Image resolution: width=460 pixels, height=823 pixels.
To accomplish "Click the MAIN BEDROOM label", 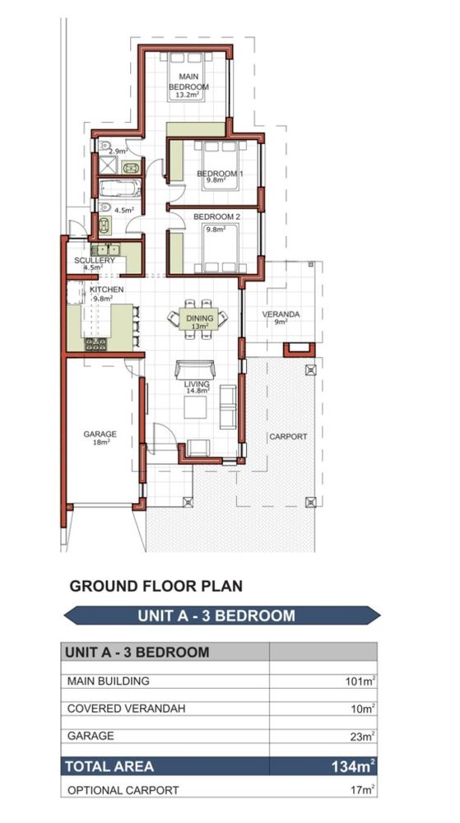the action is (x=188, y=81).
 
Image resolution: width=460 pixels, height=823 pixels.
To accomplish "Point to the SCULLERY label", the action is (x=95, y=260).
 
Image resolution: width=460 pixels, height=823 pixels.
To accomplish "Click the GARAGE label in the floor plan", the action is (x=100, y=434).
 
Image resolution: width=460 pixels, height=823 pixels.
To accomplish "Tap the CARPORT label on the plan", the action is (x=288, y=436).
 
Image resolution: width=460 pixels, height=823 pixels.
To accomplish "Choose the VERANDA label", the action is (x=281, y=314).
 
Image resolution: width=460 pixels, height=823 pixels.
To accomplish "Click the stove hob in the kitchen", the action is (x=96, y=344).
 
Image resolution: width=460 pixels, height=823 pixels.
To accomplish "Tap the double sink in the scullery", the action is (x=106, y=249).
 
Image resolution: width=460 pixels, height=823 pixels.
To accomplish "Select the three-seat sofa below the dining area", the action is (x=195, y=369).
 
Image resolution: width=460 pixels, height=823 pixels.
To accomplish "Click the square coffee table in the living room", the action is (x=195, y=407).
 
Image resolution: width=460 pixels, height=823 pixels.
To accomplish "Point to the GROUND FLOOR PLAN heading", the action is (x=156, y=586).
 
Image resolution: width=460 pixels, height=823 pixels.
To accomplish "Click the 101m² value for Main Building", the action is (x=360, y=681).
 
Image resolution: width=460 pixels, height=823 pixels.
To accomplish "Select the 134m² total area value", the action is (x=353, y=766).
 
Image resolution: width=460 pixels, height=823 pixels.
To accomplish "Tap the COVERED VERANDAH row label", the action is (x=126, y=709).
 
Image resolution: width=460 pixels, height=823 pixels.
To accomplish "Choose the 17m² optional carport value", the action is (x=364, y=789).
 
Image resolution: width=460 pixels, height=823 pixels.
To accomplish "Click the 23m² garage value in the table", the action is (x=362, y=736).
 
